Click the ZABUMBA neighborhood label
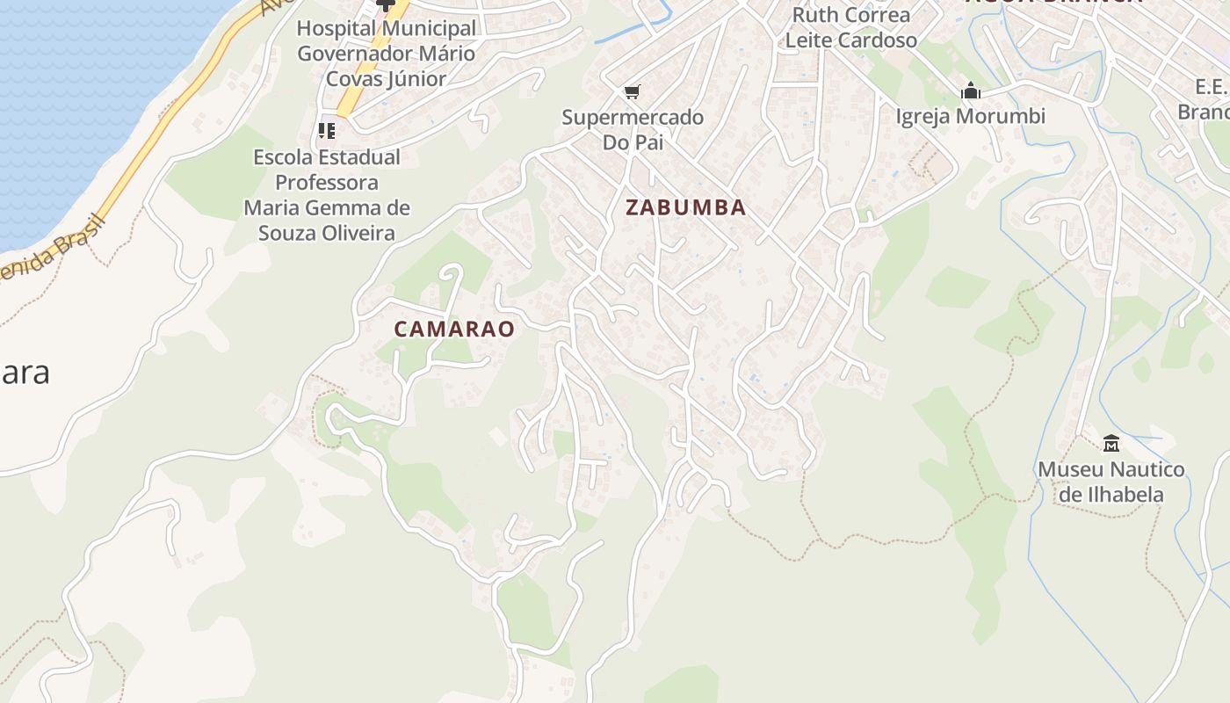point(685,207)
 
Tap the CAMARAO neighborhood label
point(453,329)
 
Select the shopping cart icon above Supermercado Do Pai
point(632,91)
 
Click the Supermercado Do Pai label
point(633,129)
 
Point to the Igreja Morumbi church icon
point(970,91)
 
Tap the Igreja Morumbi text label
point(970,116)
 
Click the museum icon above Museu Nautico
point(1111,443)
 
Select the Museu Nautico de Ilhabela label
point(1111,482)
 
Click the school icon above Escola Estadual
point(327,131)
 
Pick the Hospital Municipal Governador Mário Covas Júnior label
point(387,53)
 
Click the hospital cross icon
point(385,4)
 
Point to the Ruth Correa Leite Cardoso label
point(850,27)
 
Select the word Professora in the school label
point(327,183)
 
